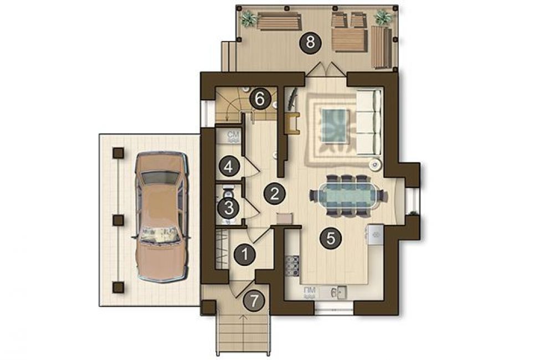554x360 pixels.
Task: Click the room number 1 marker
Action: (245, 254)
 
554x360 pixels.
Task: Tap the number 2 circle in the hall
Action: (275, 194)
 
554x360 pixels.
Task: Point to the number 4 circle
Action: (229, 166)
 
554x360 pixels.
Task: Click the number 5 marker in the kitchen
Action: (330, 239)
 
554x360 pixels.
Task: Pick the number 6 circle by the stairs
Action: (260, 99)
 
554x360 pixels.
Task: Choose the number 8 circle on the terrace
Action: (310, 43)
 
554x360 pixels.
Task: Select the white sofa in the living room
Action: (369, 122)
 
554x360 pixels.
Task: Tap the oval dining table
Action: (348, 196)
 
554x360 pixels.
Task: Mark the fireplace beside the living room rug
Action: (294, 124)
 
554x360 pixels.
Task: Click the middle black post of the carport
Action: (118, 220)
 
